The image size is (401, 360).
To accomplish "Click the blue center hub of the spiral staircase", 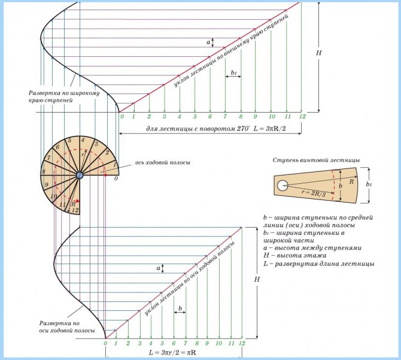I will click(80, 174).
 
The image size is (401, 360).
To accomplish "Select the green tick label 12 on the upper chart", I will click(302, 116).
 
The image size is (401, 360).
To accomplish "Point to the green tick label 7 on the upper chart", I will click(225, 116).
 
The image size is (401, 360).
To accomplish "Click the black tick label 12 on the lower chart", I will click(242, 343).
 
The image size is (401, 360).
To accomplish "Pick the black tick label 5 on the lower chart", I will click(162, 343).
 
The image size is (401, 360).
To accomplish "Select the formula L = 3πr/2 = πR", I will click(174, 353).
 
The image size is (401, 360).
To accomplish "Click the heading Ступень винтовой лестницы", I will click(315, 161).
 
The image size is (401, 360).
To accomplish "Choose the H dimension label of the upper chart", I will click(320, 53).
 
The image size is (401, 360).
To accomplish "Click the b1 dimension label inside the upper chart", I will click(232, 73).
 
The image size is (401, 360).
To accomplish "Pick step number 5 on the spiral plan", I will click(69, 141).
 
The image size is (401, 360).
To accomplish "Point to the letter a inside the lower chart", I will click(158, 268).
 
